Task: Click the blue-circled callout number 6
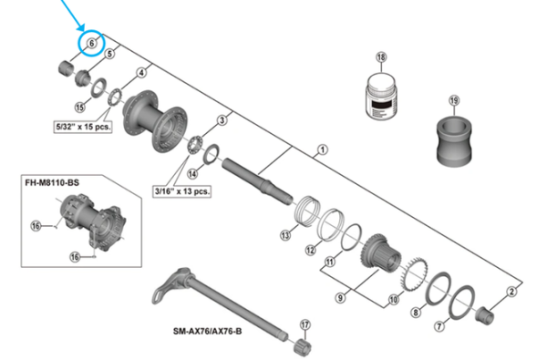point(91,43)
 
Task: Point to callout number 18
point(381,57)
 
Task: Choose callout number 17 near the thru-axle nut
point(305,322)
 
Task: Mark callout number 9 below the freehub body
point(340,296)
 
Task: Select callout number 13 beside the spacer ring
point(284,234)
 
